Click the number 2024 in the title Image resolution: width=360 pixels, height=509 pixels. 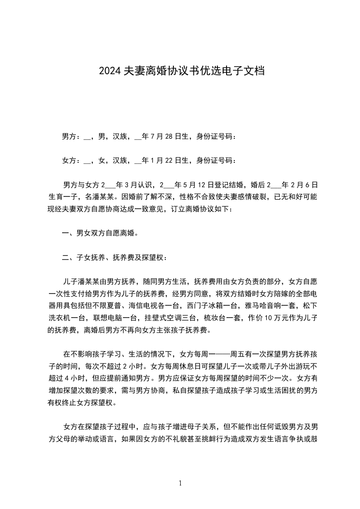[x=110, y=71]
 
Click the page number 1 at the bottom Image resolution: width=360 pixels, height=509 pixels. [x=180, y=483]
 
